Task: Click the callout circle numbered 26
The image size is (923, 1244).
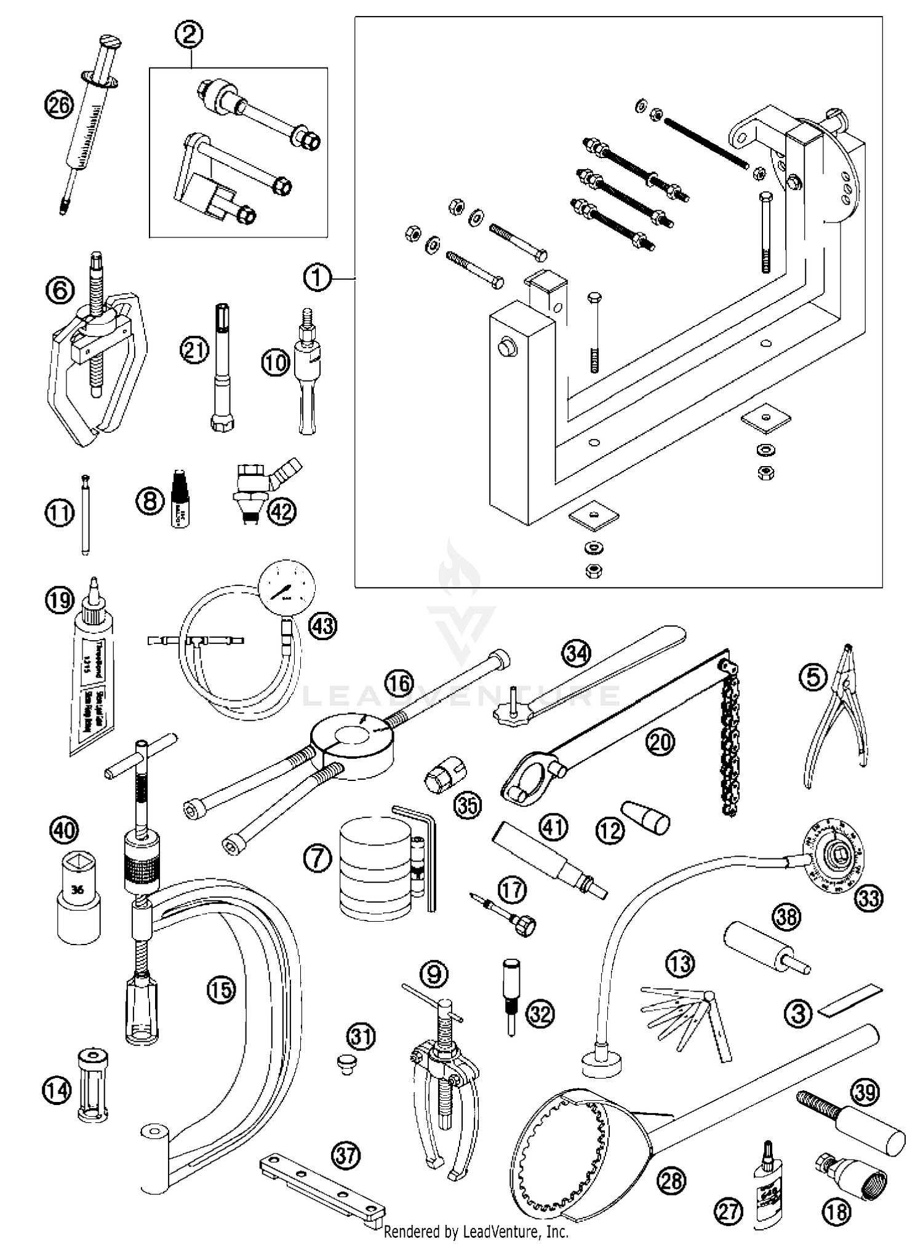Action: tap(59, 105)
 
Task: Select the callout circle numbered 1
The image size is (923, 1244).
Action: tap(317, 278)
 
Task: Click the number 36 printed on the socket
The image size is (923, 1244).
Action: tap(78, 889)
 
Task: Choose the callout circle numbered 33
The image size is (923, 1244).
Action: tap(869, 898)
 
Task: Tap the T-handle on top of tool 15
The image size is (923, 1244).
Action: tap(141, 757)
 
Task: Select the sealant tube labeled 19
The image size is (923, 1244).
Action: tap(92, 689)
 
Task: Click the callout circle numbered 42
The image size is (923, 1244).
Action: tap(281, 511)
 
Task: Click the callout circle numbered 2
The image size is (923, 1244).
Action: tap(189, 34)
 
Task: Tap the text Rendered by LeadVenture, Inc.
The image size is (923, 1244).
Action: tap(476, 1232)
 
